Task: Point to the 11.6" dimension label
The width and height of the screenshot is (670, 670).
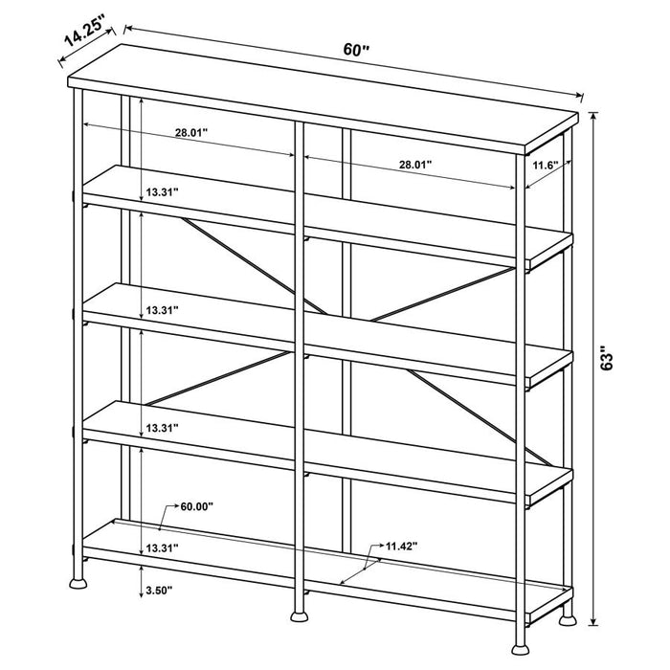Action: (546, 166)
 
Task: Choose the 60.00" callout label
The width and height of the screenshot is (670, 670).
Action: (197, 505)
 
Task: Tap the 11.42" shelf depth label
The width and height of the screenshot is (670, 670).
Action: (402, 547)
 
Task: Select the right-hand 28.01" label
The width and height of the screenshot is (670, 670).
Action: (415, 165)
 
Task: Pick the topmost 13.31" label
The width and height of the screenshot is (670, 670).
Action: (163, 192)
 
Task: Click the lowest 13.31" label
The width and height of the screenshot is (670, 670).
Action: (163, 547)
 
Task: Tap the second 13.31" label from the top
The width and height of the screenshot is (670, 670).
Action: (163, 310)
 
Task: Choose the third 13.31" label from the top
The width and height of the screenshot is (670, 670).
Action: (163, 428)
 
